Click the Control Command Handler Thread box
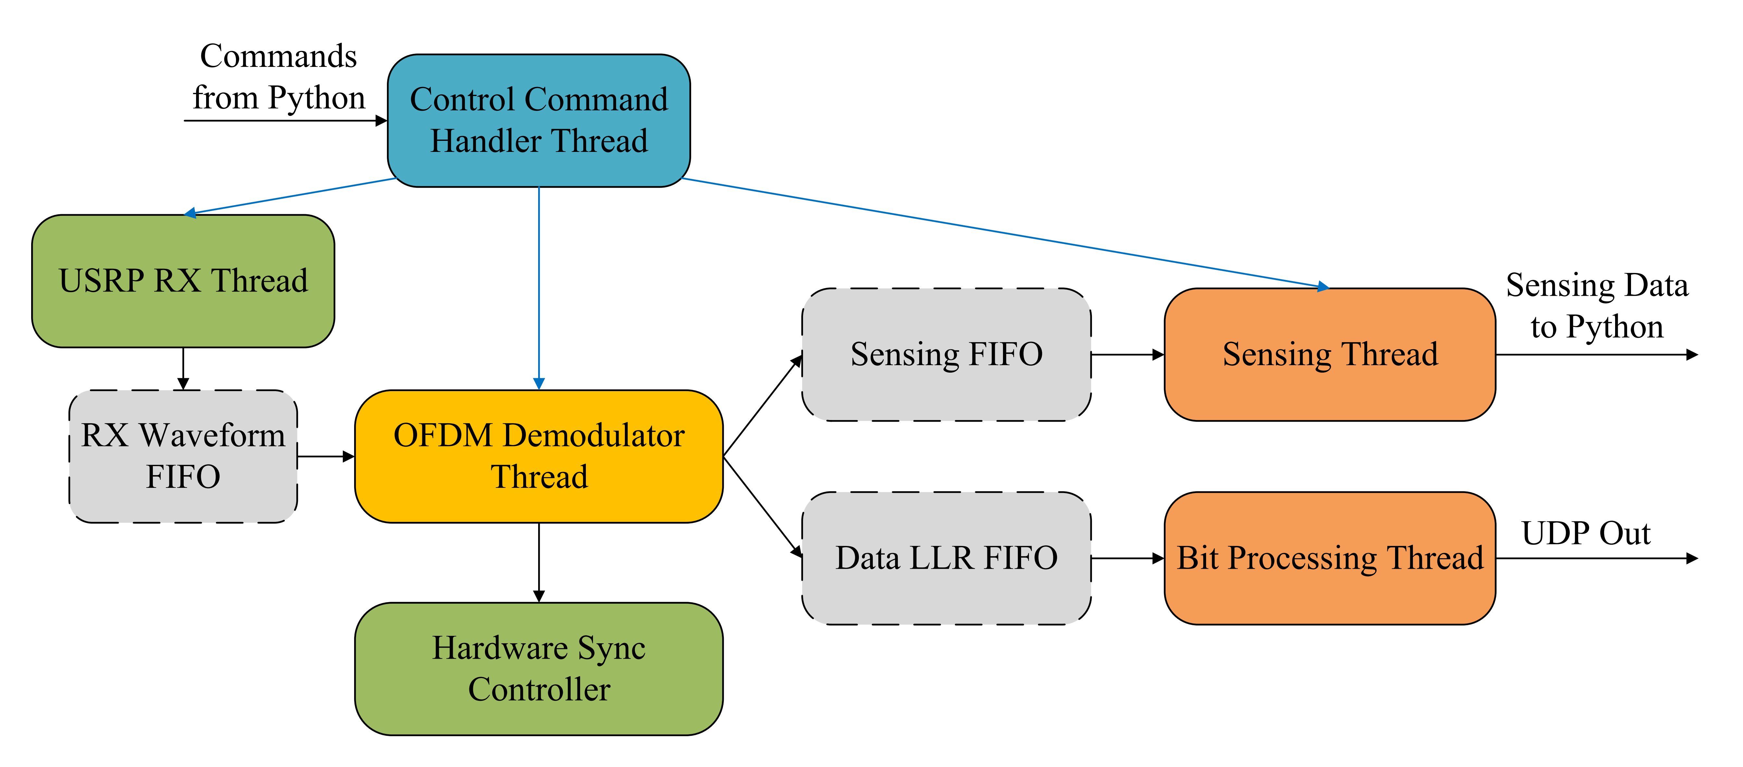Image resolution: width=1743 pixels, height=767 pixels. pos(538,120)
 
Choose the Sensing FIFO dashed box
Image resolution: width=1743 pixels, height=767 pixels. pos(946,354)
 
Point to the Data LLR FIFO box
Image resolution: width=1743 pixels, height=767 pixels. pos(946,558)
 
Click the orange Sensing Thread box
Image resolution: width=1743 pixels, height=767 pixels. pos(1329,354)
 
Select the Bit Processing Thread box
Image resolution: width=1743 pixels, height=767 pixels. pos(1329,558)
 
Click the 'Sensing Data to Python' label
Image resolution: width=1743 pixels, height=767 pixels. pos(1597,306)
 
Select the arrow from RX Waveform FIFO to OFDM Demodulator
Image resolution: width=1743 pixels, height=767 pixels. pos(326,457)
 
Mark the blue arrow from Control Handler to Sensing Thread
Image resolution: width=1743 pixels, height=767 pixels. pos(1001,233)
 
